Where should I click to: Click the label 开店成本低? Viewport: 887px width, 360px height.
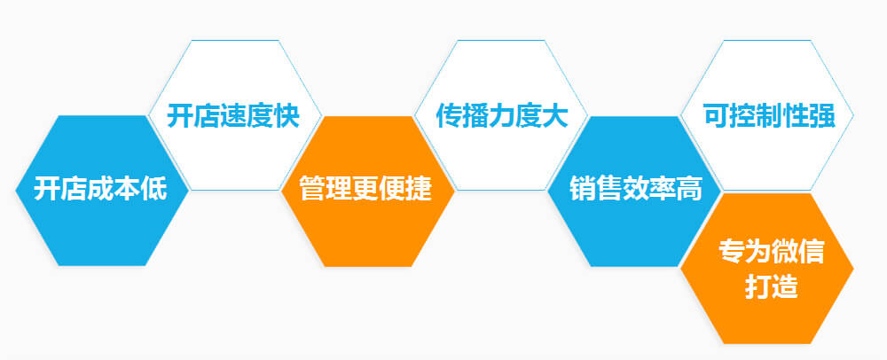tap(100, 189)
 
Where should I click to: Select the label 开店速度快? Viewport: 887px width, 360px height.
tap(233, 116)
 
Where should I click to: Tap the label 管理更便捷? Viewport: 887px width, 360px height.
tap(365, 189)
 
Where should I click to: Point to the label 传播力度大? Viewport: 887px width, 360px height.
tap(501, 116)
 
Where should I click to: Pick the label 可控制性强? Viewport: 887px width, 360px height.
tap(769, 116)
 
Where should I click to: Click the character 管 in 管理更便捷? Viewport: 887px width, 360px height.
tap(313, 189)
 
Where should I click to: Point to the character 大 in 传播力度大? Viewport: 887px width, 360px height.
tap(554, 116)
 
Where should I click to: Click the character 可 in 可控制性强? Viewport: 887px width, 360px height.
tap(716, 116)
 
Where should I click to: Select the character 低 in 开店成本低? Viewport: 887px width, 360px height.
tap(153, 189)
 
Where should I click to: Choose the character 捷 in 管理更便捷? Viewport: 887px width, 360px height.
tap(419, 189)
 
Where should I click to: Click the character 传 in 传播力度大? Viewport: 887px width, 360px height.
tap(449, 116)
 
